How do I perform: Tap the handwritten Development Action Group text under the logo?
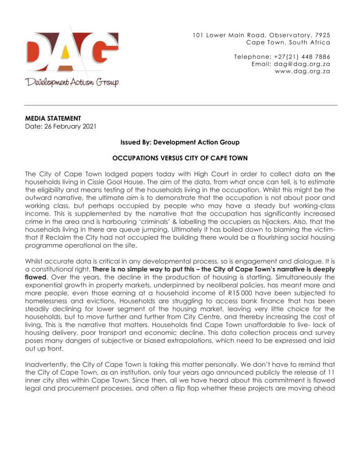[72, 82]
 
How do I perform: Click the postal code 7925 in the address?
[322, 35]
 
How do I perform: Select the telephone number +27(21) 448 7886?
[302, 57]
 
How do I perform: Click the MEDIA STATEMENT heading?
[53, 118]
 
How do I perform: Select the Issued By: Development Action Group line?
[180, 142]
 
